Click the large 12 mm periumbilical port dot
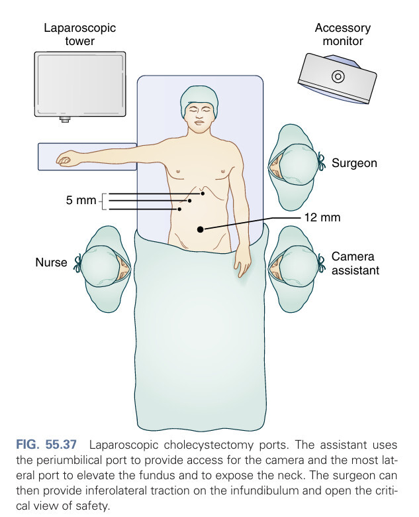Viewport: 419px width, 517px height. pyautogui.click(x=201, y=229)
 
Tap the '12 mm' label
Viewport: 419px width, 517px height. pyautogui.click(x=321, y=217)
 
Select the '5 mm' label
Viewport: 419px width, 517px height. pyautogui.click(x=81, y=200)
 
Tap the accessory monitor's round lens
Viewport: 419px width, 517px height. pyautogui.click(x=337, y=76)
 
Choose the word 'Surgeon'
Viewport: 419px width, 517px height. pyautogui.click(x=354, y=162)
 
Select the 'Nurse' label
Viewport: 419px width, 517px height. pyautogui.click(x=51, y=262)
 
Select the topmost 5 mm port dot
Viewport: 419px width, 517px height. pyautogui.click(x=203, y=193)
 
